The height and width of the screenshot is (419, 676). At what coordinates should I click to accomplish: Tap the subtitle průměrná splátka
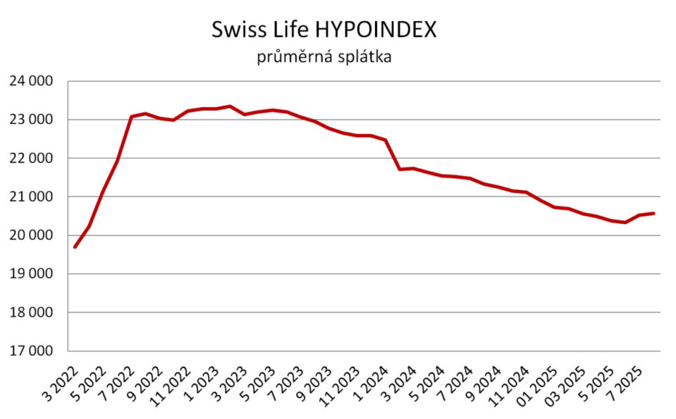(x=324, y=57)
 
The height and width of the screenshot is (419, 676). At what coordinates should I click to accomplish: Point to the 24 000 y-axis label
(x=30, y=82)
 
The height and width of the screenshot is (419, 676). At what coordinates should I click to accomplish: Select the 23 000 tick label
(x=30, y=120)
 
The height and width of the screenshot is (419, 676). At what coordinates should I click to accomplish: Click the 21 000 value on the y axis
(x=30, y=197)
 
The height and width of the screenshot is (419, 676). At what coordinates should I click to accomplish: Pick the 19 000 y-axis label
(x=30, y=274)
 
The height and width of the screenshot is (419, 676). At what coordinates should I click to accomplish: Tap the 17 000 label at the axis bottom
(x=30, y=351)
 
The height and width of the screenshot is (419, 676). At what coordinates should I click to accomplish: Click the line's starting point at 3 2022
(x=75, y=247)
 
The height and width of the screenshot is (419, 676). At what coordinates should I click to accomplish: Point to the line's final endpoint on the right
(x=654, y=213)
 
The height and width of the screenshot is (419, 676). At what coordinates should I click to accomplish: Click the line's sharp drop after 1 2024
(x=393, y=155)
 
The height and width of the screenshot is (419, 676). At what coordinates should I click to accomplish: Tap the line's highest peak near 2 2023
(x=230, y=106)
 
